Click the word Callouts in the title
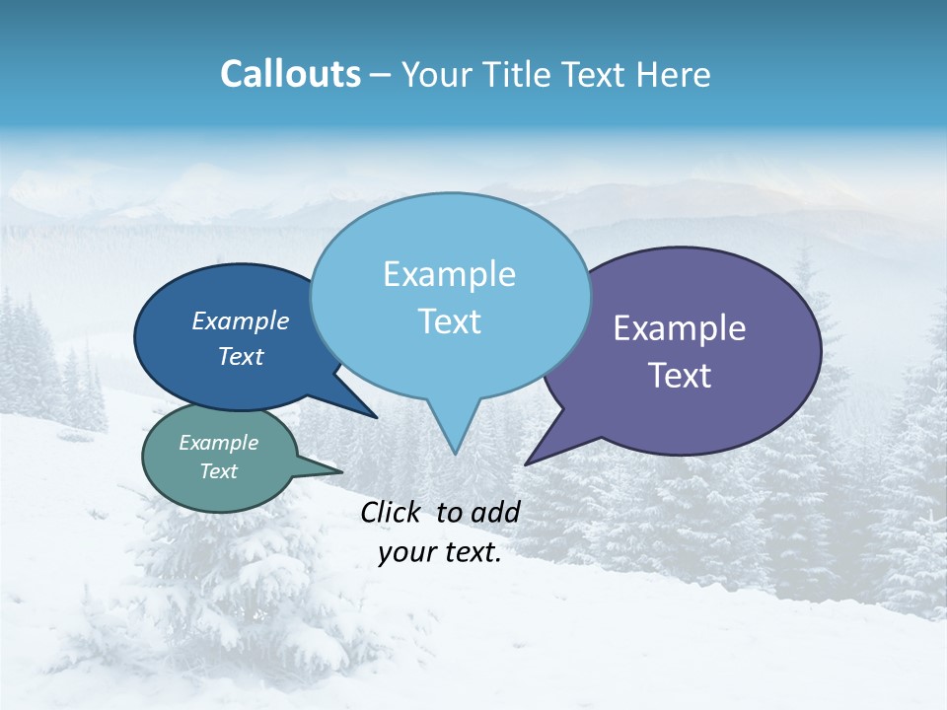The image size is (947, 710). pos(290,74)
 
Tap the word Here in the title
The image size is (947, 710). pos(675,74)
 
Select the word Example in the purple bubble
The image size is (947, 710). pos(680,328)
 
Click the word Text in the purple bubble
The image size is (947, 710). pos(680,376)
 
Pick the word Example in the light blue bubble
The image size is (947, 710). pos(449,274)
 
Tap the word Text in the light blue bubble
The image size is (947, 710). pos(449,321)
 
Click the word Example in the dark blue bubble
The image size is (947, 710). pos(240,321)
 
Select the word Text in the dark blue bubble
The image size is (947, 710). pos(240,357)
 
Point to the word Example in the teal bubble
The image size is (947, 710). pos(218,443)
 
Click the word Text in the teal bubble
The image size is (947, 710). pos(218,471)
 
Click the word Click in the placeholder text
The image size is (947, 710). pos(393,512)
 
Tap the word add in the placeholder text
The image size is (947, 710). pos(495,512)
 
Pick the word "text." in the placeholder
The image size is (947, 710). pos(472,553)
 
